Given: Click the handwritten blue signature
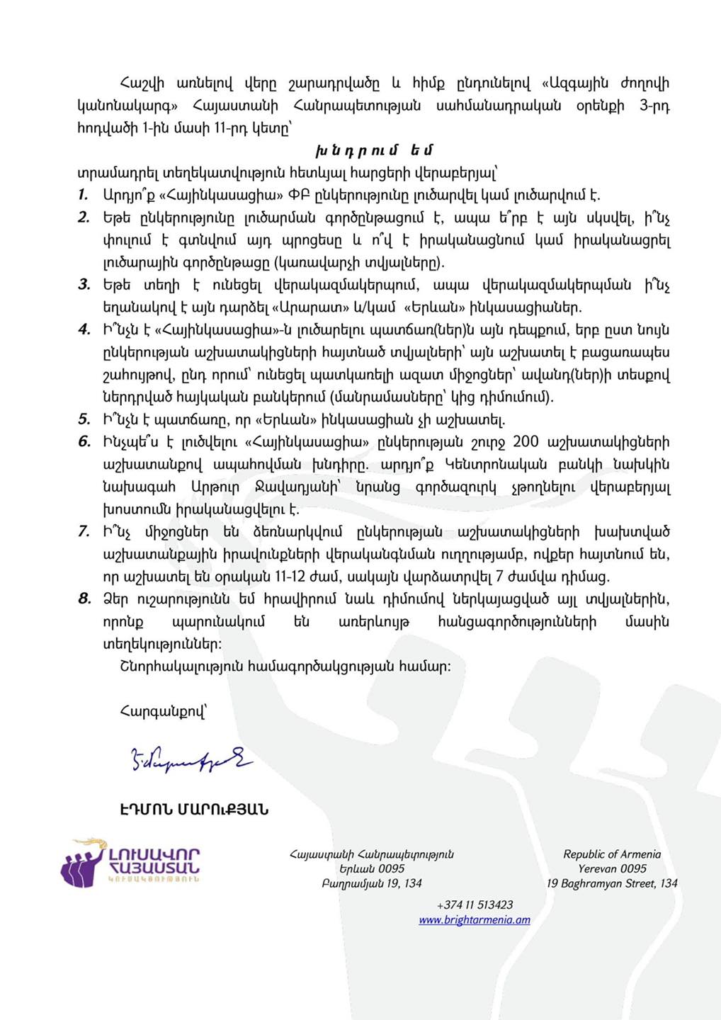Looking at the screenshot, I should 190,759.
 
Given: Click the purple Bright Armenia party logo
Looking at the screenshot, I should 131,862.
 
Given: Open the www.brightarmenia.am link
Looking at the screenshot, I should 475,920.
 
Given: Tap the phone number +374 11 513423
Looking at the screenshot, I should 475,905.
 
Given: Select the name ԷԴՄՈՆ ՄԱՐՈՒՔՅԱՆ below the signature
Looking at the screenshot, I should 194,810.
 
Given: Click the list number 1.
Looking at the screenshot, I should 84,195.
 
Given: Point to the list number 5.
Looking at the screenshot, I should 84,419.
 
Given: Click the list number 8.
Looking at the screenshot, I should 84,599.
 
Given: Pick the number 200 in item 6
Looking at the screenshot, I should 526,442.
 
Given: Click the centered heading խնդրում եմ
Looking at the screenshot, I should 374,150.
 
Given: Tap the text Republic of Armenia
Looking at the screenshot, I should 612,854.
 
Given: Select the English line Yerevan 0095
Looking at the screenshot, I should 612,868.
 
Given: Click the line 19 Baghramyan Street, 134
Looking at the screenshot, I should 612,883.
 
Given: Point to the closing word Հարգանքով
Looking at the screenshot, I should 164,711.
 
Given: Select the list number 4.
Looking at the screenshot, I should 84,329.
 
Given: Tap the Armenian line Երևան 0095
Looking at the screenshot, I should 372,868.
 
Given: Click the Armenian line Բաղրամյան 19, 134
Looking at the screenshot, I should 372,883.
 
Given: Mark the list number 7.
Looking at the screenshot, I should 84,532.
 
